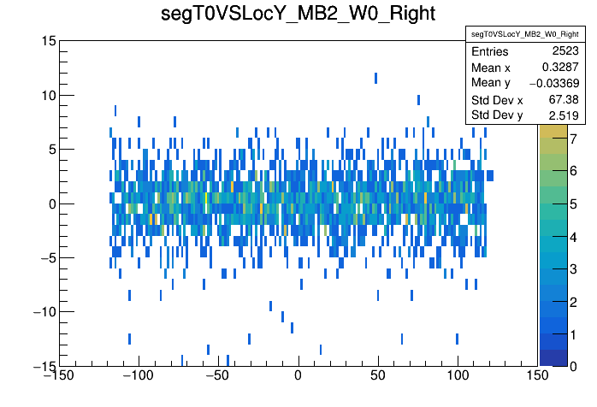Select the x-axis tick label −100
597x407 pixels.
coord(137,375)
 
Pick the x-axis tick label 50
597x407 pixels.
coord(378,375)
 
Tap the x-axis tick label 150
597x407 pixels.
coord(537,375)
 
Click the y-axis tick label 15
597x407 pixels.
coord(48,41)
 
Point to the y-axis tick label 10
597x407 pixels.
coord(48,95)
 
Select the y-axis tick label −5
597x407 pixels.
coord(46,257)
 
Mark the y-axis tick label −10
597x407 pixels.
coord(43,312)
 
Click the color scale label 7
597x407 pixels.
coord(573,139)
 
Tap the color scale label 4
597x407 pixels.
coord(573,236)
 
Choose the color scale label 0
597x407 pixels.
coord(573,366)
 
